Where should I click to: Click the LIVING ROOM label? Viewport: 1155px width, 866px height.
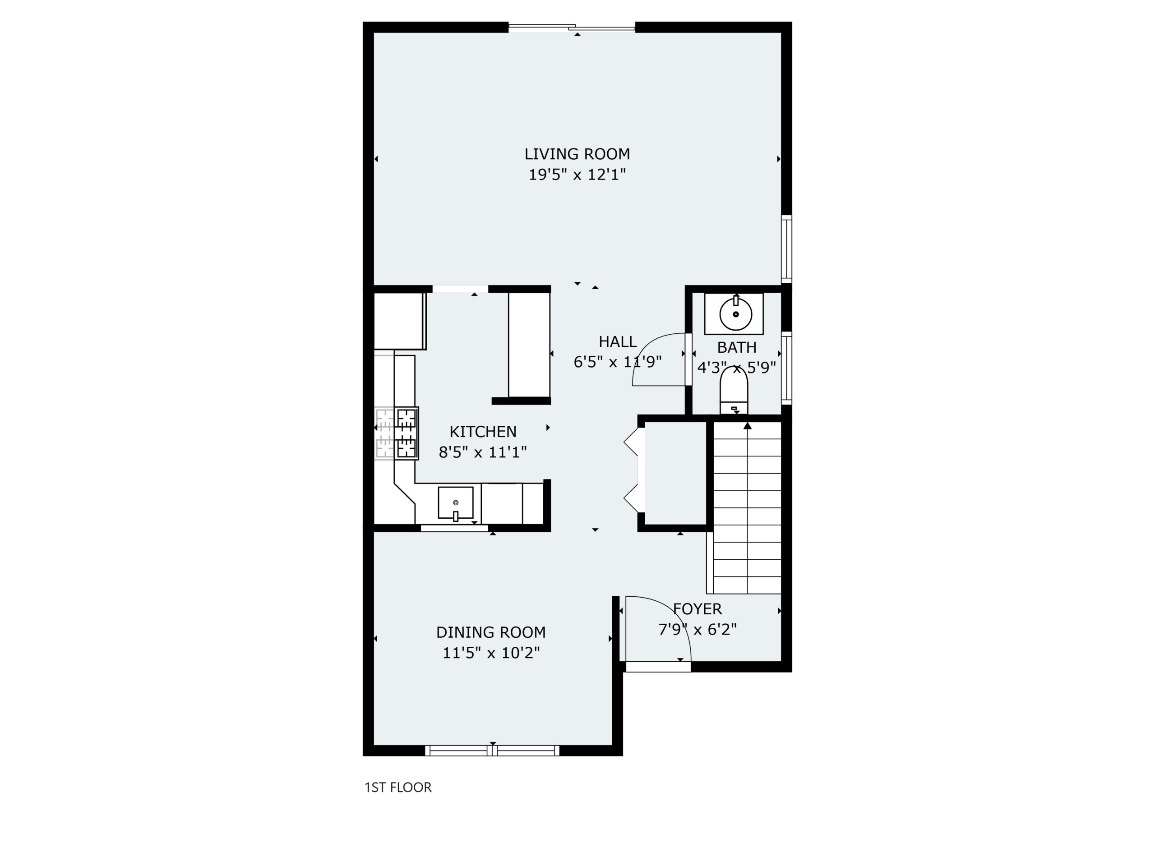[577, 154]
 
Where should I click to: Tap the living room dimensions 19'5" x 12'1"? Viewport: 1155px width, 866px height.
[577, 175]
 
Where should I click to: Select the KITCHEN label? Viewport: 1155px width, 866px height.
[483, 432]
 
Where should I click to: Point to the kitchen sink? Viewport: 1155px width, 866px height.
[455, 503]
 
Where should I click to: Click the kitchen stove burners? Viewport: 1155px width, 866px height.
[407, 433]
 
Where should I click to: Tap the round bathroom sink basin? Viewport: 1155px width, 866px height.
[736, 314]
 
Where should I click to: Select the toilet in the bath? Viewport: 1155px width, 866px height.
[734, 391]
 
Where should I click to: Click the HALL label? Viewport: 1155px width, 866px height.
[618, 342]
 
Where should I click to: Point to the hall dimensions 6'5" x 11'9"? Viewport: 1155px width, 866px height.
[618, 362]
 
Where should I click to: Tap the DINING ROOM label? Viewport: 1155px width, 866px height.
[491, 632]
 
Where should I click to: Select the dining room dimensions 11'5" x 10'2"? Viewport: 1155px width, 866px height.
[491, 653]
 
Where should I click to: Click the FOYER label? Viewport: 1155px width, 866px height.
[698, 608]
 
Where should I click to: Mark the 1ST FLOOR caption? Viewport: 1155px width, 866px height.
[398, 787]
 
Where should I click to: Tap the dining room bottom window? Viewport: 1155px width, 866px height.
[492, 751]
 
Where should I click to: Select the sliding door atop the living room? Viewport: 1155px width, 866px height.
[572, 27]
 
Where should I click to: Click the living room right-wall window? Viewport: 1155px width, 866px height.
[786, 249]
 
